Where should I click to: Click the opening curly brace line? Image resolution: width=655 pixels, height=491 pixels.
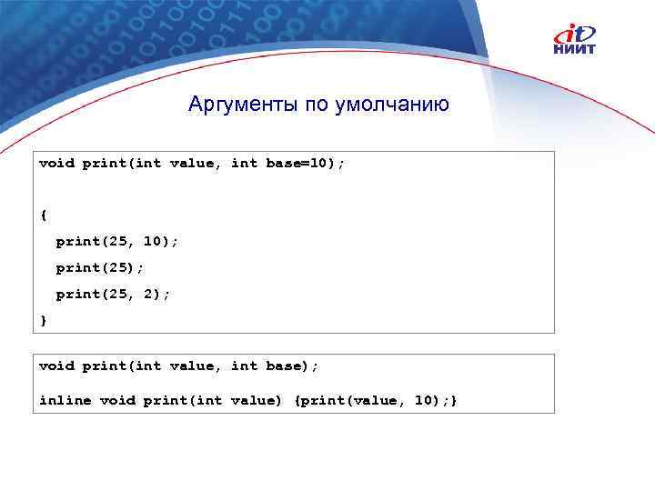coord(43,215)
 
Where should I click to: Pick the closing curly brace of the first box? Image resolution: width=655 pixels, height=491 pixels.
coord(43,320)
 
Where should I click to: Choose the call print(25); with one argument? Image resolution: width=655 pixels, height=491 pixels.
coord(100,268)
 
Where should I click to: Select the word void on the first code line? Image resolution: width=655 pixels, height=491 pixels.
coord(56,164)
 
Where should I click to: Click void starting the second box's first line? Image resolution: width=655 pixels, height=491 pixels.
coord(56,366)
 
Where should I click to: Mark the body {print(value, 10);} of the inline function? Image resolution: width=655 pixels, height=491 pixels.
coord(376,400)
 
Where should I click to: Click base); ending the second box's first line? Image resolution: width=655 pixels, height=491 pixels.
coord(292,366)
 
